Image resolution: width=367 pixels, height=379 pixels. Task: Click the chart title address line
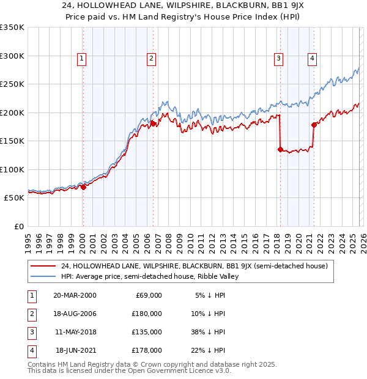coord(183,7)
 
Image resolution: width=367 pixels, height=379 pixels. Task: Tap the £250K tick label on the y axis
coord(12,84)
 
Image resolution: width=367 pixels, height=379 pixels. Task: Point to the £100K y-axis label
coord(12,169)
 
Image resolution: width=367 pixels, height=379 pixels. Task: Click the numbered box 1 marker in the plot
coord(81,59)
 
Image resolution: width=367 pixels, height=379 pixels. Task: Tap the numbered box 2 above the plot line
coord(150,59)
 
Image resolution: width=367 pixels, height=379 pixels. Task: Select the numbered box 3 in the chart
coord(278,59)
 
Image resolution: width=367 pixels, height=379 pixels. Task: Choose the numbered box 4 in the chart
coord(312,59)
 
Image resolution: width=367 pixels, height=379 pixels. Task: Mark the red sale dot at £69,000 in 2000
coord(83,188)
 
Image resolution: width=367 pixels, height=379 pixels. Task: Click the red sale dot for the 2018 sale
coord(280,149)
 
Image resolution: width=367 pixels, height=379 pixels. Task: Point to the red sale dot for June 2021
coord(314,125)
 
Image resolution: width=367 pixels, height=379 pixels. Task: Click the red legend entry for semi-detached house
coord(195,266)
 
